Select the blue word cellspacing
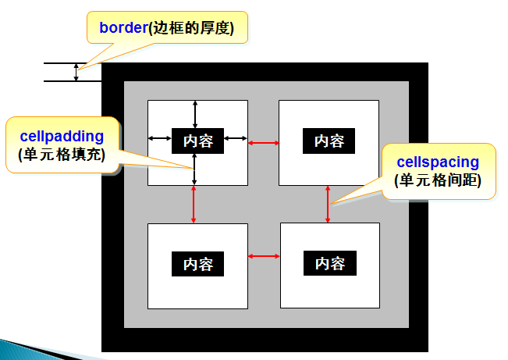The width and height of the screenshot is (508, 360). [x=438, y=162]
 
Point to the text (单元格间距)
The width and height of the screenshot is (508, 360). [x=439, y=181]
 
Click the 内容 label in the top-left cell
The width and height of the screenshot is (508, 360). [x=197, y=141]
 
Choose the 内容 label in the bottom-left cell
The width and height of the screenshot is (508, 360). [x=197, y=264]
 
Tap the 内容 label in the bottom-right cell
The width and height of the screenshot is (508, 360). [x=329, y=263]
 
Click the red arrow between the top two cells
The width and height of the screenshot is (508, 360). [x=264, y=143]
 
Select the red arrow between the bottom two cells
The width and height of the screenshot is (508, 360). [x=264, y=255]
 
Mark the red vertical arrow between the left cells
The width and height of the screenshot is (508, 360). [x=194, y=205]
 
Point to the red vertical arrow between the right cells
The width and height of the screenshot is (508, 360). [x=328, y=205]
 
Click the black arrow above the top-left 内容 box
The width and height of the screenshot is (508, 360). [x=195, y=114]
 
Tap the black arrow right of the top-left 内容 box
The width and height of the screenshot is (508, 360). [x=236, y=139]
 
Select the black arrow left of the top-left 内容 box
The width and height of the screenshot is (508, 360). [x=160, y=139]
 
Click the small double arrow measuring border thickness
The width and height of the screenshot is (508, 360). [x=76, y=73]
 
